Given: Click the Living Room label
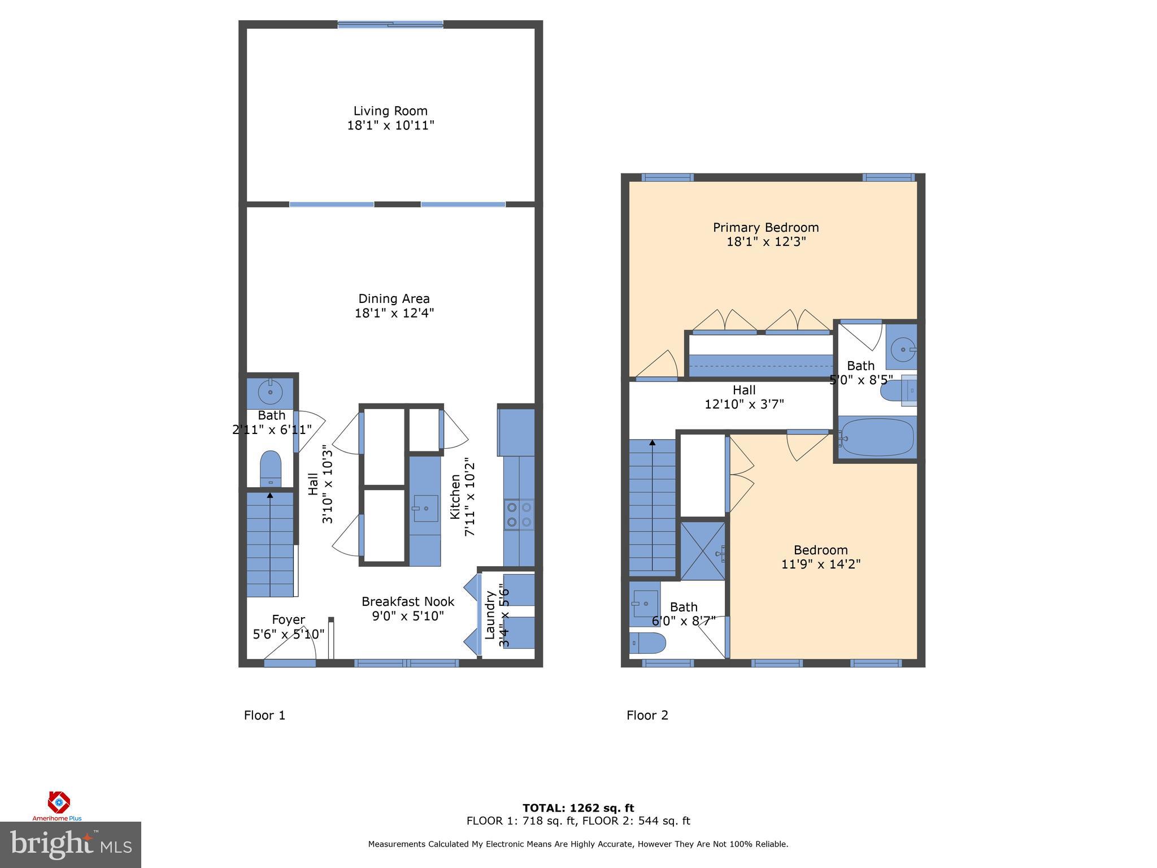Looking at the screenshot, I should click(390, 111).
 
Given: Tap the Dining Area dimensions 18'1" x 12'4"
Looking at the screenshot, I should click(394, 313).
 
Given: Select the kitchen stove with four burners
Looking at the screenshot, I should click(519, 515).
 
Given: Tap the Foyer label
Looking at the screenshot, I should click(288, 620).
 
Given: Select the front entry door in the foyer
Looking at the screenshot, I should click(289, 662).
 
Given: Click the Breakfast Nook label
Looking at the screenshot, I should click(408, 602).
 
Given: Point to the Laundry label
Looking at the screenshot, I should click(490, 615).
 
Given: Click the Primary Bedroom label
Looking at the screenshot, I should click(765, 228).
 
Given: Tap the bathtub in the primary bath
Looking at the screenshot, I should click(876, 438).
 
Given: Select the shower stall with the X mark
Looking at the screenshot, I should click(702, 550).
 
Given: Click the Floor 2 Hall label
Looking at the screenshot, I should click(744, 390).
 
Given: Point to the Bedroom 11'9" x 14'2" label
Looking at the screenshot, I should click(820, 557).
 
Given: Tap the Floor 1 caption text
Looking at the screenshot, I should click(264, 715).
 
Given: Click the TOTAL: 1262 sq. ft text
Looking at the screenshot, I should click(578, 808).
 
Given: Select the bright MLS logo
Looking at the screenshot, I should click(70, 844).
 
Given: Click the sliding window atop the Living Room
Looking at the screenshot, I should click(390, 24).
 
